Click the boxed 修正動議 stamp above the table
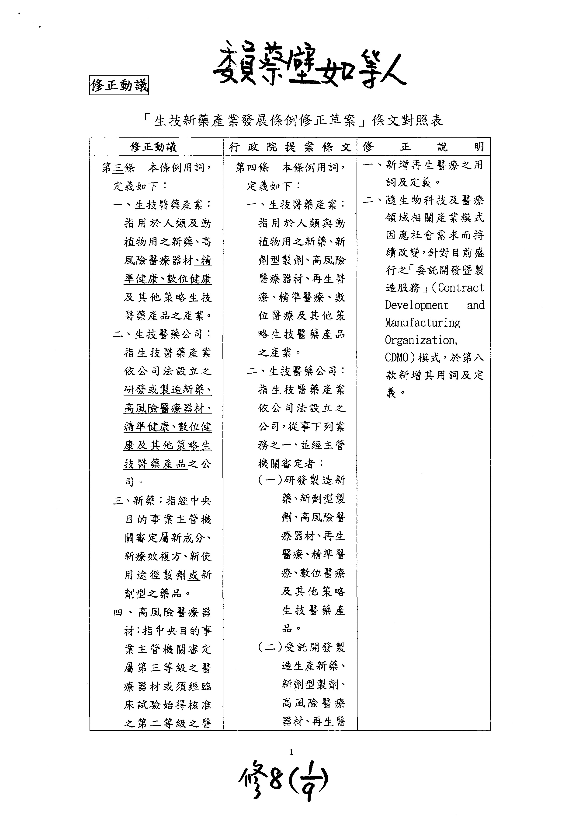click(119, 85)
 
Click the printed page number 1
click(291, 752)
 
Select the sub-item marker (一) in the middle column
click(270, 480)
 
